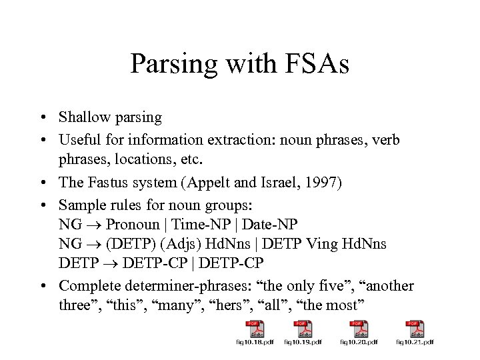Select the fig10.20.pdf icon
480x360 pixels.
(x=361, y=331)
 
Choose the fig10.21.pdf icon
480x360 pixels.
(x=417, y=331)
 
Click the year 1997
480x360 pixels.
(x=322, y=183)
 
